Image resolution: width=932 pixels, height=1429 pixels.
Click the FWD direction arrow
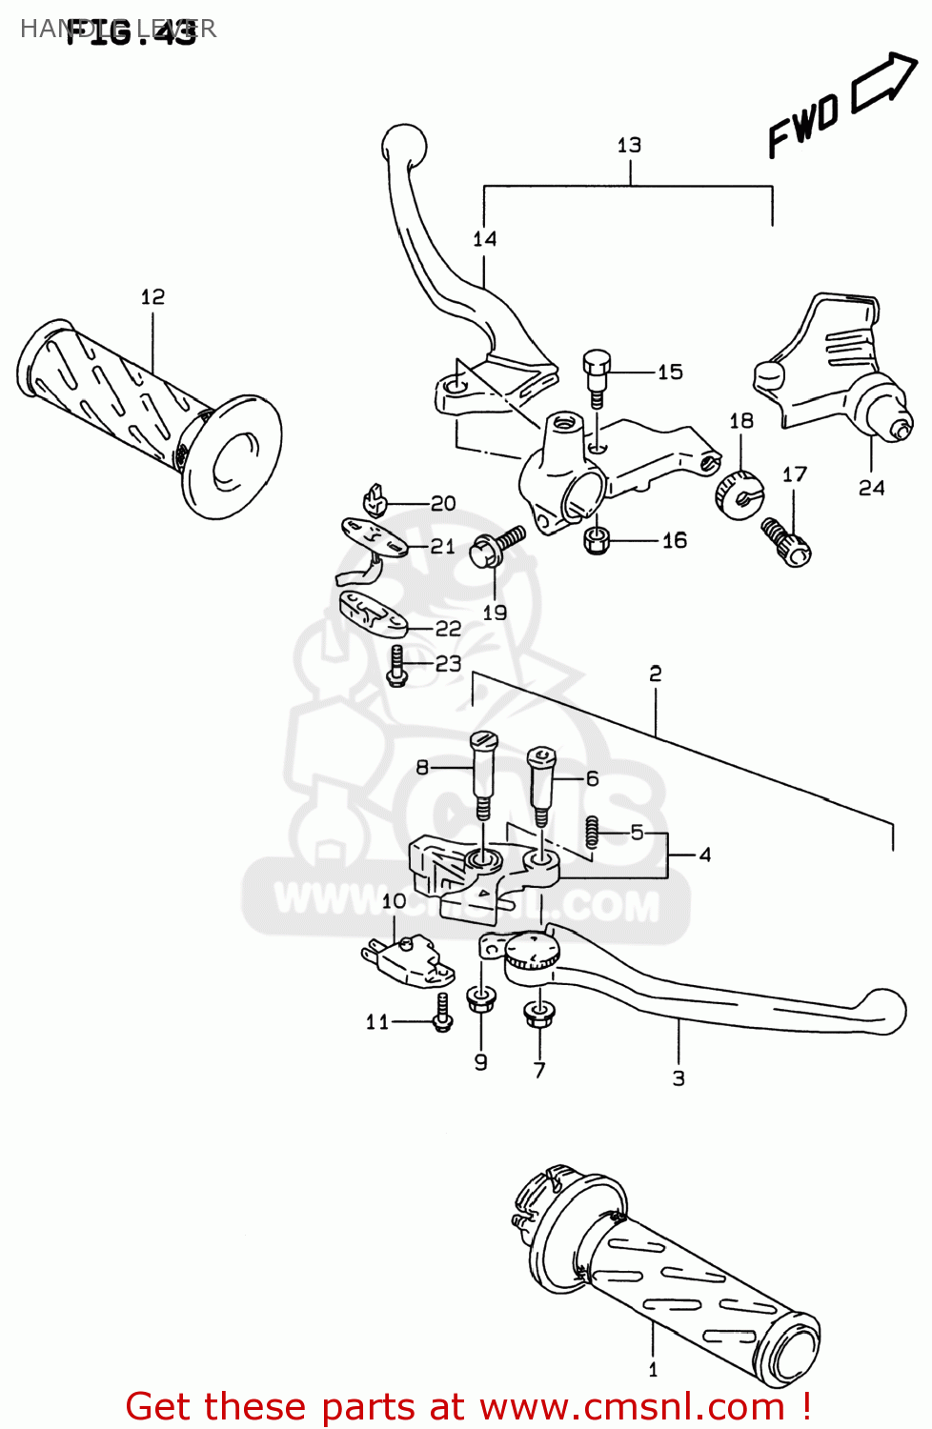[x=884, y=82]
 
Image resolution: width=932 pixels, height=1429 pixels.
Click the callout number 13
[x=629, y=145]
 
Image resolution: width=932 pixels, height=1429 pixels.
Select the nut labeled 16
[x=596, y=540]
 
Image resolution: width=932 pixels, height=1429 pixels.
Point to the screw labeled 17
[x=786, y=542]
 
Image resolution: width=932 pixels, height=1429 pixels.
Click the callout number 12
[x=152, y=297]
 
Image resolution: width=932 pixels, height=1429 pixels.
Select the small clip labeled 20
[x=376, y=500]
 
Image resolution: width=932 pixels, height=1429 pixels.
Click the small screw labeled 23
[x=397, y=665]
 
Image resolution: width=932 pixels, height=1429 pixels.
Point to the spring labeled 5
[x=592, y=832]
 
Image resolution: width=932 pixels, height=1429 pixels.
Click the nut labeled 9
[x=481, y=999]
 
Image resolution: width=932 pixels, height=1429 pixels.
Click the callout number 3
[x=679, y=1078]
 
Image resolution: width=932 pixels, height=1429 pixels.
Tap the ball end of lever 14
[x=404, y=145]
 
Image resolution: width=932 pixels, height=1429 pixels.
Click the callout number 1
[x=653, y=1370]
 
